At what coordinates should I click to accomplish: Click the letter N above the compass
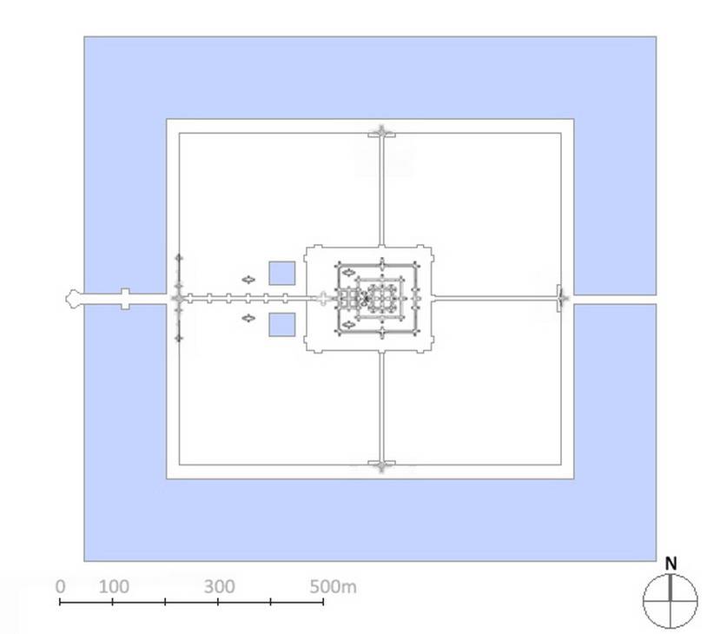coord(671,563)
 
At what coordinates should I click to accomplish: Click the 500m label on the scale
coord(333,586)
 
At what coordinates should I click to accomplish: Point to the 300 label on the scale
coord(219,586)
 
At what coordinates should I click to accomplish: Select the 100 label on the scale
coord(114,586)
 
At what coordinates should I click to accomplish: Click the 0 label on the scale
coord(61,586)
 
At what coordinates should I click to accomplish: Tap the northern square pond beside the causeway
coord(282,274)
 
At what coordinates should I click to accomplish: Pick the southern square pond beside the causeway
coord(282,325)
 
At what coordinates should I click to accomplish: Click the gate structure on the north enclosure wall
coord(381,134)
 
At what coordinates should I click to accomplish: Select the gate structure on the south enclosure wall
coord(381,465)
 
